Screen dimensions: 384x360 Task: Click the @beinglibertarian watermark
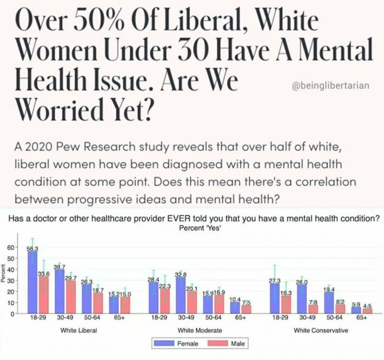pyautogui.click(x=331, y=86)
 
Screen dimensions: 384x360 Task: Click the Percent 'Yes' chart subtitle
pyautogui.click(x=200, y=228)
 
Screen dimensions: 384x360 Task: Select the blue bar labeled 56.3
pyautogui.click(x=32, y=282)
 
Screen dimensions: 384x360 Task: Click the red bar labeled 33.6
pyautogui.click(x=44, y=295)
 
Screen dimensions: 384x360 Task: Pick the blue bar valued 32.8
pyautogui.click(x=181, y=295)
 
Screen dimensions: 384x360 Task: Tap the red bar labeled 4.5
pyautogui.click(x=367, y=311)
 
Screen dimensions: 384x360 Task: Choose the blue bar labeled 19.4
pyautogui.click(x=329, y=303)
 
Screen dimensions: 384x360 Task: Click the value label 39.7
pyautogui.click(x=59, y=267)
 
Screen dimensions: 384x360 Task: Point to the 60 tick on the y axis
pyautogui.click(x=10, y=247)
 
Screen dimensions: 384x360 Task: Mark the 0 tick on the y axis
pyautogui.click(x=13, y=313)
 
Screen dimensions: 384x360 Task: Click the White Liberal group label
pyautogui.click(x=78, y=330)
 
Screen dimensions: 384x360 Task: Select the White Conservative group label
pyautogui.click(x=321, y=330)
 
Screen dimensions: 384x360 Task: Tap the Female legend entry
pyautogui.click(x=176, y=344)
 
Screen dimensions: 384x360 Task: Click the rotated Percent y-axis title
pyautogui.click(x=3, y=273)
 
